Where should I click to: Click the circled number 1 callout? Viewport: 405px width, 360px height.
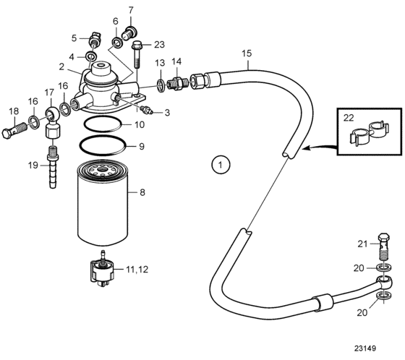point(221,165)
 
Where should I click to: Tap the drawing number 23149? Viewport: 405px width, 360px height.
point(365,348)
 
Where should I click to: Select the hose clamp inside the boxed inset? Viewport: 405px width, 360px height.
point(370,132)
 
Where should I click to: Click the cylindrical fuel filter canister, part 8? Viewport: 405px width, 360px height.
point(103,202)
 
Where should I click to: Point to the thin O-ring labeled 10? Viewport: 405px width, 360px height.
point(102,124)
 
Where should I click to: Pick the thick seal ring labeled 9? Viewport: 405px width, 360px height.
point(103,145)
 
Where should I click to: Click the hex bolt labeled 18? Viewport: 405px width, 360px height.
point(14,130)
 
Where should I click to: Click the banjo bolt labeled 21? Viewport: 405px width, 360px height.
point(384,247)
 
